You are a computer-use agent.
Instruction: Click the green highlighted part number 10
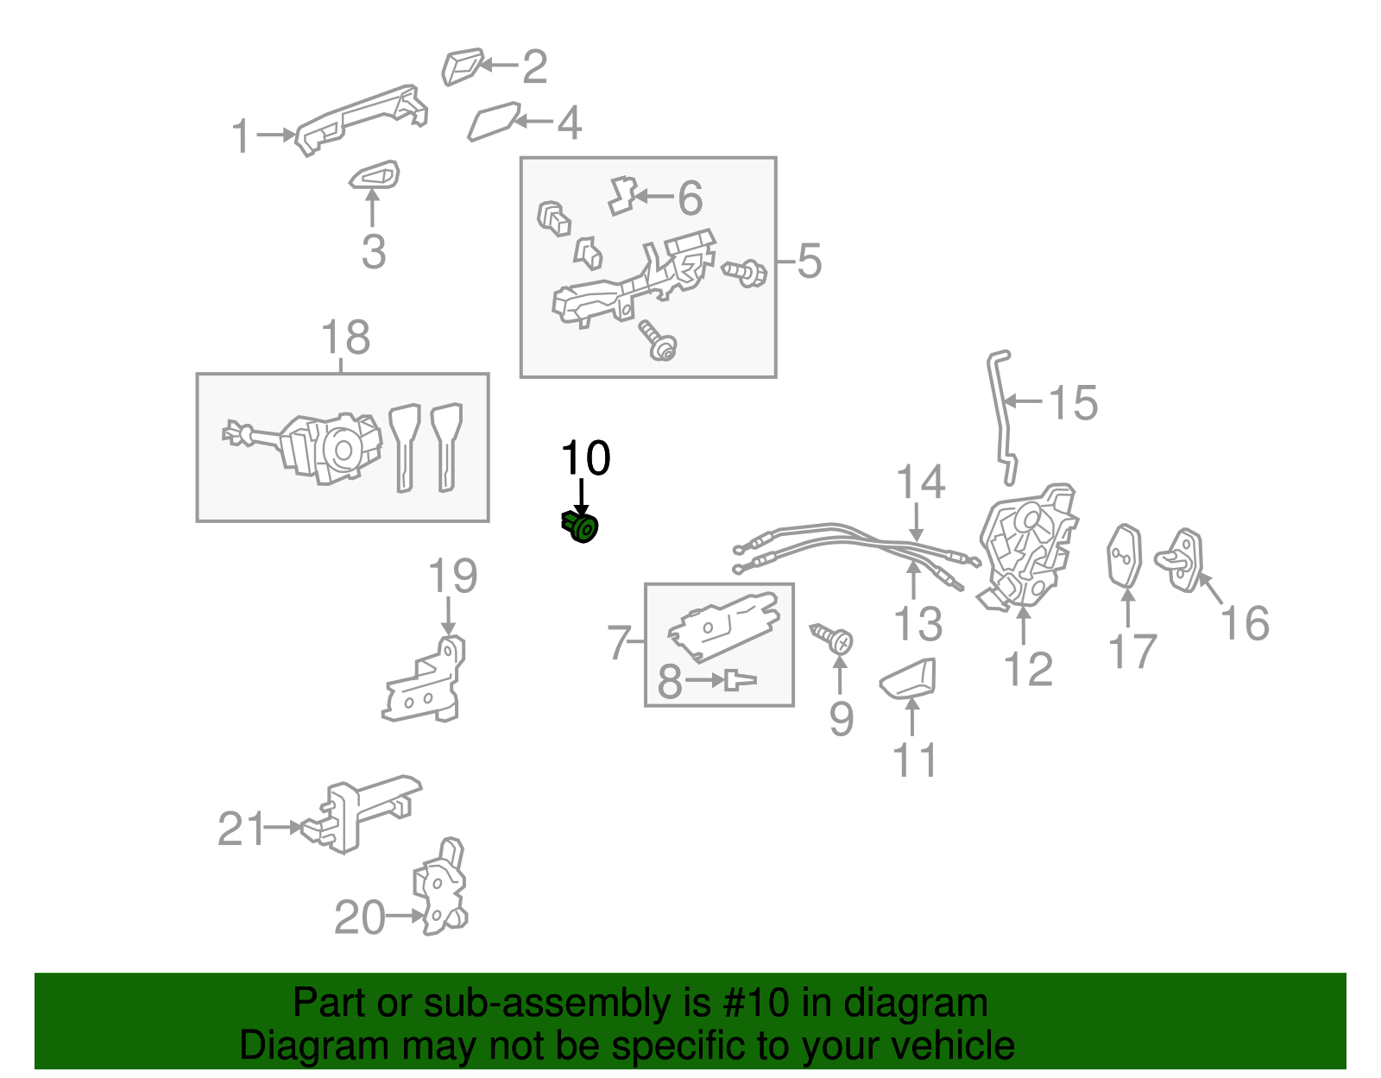pos(580,526)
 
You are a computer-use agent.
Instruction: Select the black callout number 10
pos(585,458)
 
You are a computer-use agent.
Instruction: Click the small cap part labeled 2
pos(461,66)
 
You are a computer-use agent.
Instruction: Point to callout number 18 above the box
pos(345,337)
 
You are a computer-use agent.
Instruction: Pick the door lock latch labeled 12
pos(1029,545)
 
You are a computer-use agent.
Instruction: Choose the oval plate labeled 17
pos(1125,556)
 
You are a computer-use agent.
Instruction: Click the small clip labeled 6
pos(621,196)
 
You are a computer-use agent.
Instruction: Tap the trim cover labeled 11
pos(910,678)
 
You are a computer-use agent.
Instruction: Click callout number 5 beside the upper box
pos(809,261)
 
